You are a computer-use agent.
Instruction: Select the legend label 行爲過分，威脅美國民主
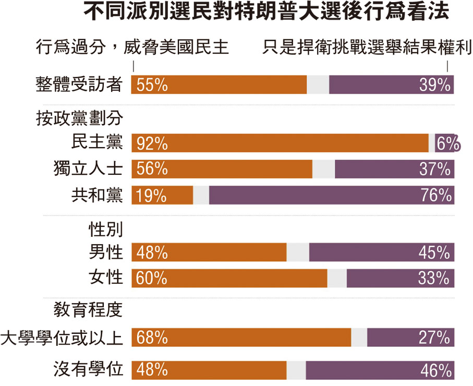pos(132,47)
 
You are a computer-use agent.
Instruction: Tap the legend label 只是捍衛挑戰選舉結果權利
pos(367,47)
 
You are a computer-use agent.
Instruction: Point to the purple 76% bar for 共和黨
pos(331,195)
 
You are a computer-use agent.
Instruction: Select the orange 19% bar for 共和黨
pos(162,195)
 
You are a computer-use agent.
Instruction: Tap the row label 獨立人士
pos(88,168)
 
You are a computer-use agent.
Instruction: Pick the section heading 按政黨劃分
pos(79,118)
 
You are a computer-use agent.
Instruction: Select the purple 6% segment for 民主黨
pos(447,143)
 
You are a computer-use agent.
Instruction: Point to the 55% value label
pos(152,85)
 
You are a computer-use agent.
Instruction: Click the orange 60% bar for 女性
pos(229,278)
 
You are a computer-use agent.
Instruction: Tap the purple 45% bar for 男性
pos(381,252)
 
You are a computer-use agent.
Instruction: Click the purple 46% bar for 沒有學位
pos(380,370)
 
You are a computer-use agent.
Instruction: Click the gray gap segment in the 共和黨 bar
pos(201,195)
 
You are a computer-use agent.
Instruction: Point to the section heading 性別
pos(106,229)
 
